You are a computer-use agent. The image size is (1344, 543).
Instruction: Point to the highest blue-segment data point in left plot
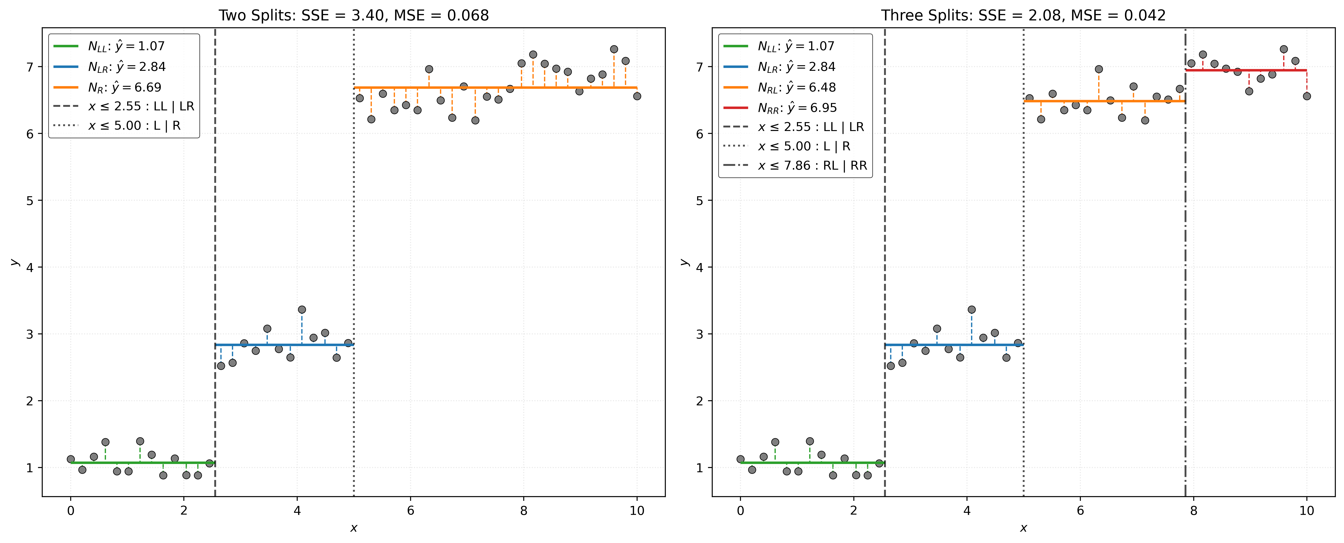click(302, 309)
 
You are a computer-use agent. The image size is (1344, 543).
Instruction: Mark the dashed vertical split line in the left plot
click(215, 234)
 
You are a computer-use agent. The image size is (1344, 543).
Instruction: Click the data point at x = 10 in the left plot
click(637, 96)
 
